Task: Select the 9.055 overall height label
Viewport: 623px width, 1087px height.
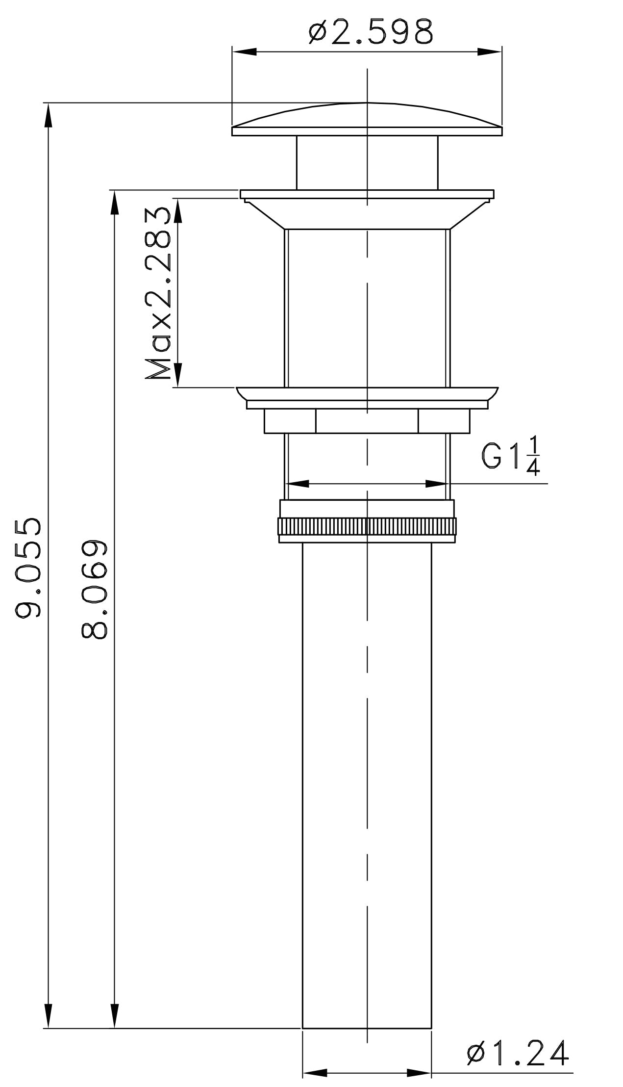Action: click(28, 567)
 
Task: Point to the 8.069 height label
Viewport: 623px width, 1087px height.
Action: click(94, 590)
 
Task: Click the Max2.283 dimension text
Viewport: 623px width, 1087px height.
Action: click(158, 293)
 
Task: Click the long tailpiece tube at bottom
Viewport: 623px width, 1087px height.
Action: click(367, 785)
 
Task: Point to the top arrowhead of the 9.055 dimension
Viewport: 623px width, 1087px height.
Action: click(48, 115)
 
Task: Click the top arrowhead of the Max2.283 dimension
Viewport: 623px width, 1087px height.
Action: click(178, 211)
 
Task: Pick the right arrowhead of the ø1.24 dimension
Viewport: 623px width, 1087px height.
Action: click(419, 1073)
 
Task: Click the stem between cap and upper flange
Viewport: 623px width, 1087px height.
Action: click(367, 162)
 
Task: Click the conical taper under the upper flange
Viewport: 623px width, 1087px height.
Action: click(367, 214)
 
